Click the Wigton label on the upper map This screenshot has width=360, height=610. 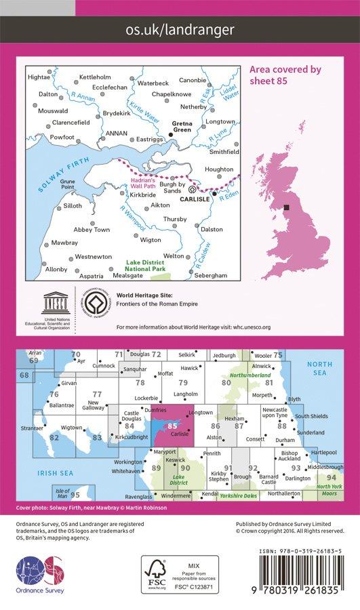point(151,240)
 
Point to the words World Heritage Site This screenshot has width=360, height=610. point(144,296)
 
